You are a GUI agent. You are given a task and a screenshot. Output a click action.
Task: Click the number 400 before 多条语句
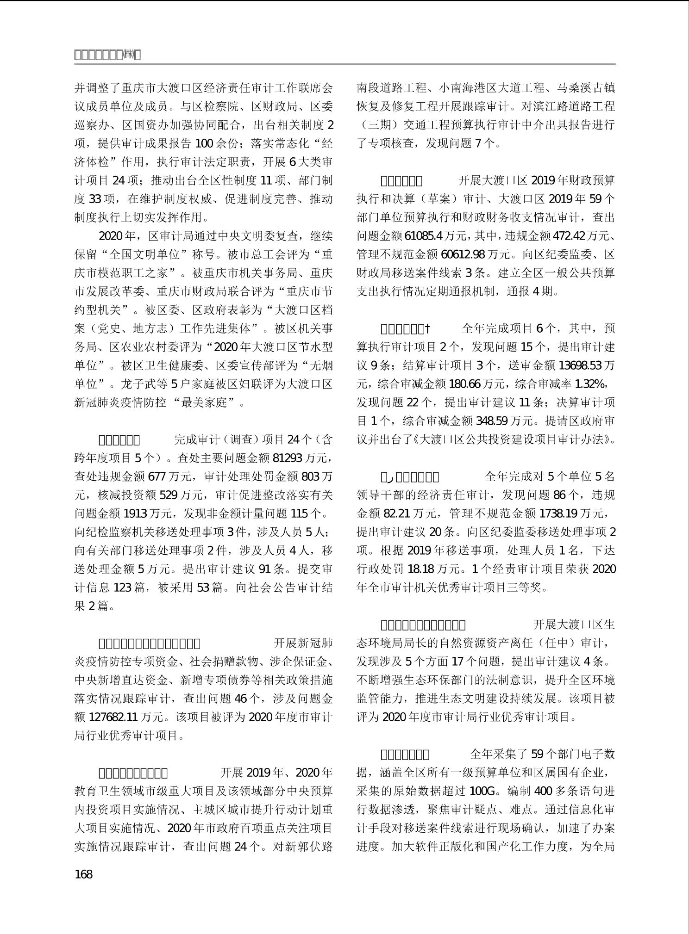point(543,791)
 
